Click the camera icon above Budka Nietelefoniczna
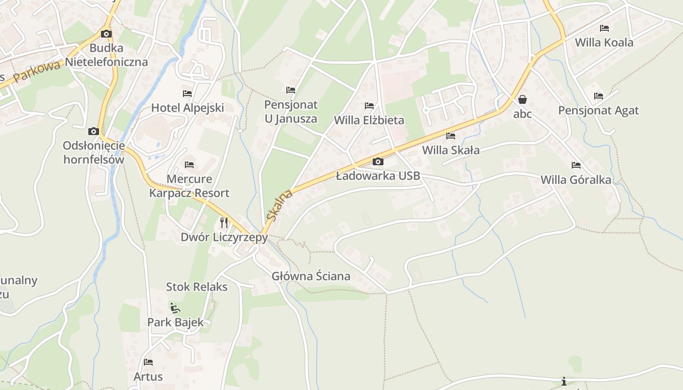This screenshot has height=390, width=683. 106,34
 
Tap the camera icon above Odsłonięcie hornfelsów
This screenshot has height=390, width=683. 94,132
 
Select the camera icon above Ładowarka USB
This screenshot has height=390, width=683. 378,162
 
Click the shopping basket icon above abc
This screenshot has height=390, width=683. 522,100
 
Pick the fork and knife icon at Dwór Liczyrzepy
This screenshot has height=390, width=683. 224,223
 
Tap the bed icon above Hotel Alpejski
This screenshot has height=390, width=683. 187,93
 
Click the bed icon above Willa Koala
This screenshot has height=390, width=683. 604,28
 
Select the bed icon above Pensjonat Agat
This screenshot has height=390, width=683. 599,96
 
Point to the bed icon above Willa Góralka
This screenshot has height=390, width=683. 576,165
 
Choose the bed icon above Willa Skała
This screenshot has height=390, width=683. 451,136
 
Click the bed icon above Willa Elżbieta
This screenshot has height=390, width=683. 369,106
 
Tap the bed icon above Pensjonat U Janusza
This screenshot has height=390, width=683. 291,90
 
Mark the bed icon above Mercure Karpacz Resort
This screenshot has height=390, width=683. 189,165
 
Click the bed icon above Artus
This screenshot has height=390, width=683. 148,362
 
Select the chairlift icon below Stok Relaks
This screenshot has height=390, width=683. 175,308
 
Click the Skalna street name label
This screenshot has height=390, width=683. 280,205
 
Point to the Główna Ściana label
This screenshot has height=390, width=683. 311,276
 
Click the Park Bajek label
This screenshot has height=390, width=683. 176,322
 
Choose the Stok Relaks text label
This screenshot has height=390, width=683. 197,287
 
